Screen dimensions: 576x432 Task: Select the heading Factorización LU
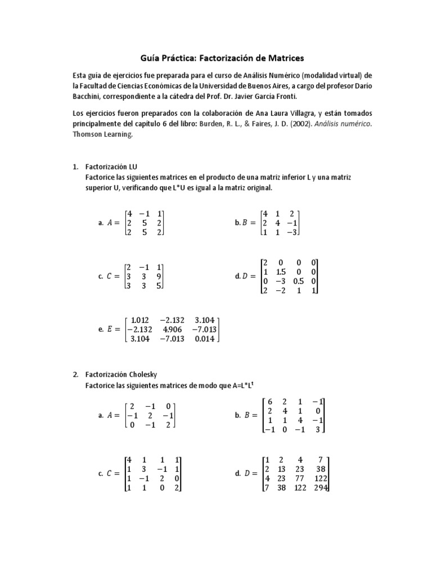point(111,167)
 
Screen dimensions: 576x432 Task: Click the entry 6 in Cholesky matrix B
point(270,402)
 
